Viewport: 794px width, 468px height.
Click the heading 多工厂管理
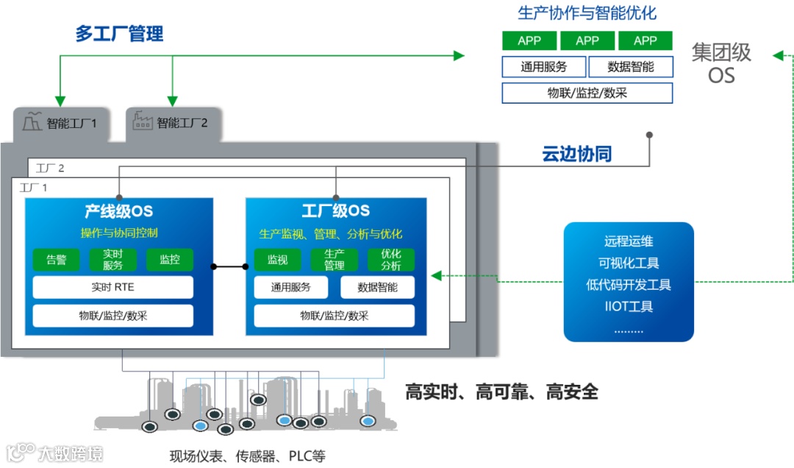click(119, 34)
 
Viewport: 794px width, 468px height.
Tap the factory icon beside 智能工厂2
click(143, 121)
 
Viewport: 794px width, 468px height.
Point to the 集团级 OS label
click(721, 63)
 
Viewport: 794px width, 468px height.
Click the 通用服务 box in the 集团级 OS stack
click(544, 67)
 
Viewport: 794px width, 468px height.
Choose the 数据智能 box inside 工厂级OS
click(378, 287)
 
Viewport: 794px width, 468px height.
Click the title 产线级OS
click(118, 212)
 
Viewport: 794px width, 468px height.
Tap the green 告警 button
click(57, 260)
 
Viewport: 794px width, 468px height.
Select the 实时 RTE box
click(112, 287)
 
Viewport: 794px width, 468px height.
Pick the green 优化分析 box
click(391, 260)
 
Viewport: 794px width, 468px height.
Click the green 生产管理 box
click(335, 260)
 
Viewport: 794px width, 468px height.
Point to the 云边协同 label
click(577, 155)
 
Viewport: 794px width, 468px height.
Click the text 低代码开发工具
click(629, 285)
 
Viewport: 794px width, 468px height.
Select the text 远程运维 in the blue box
click(629, 241)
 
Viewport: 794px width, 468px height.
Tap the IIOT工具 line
click(629, 306)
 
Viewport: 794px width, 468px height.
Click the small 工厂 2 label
click(50, 169)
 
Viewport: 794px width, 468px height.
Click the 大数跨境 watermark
click(54, 453)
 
